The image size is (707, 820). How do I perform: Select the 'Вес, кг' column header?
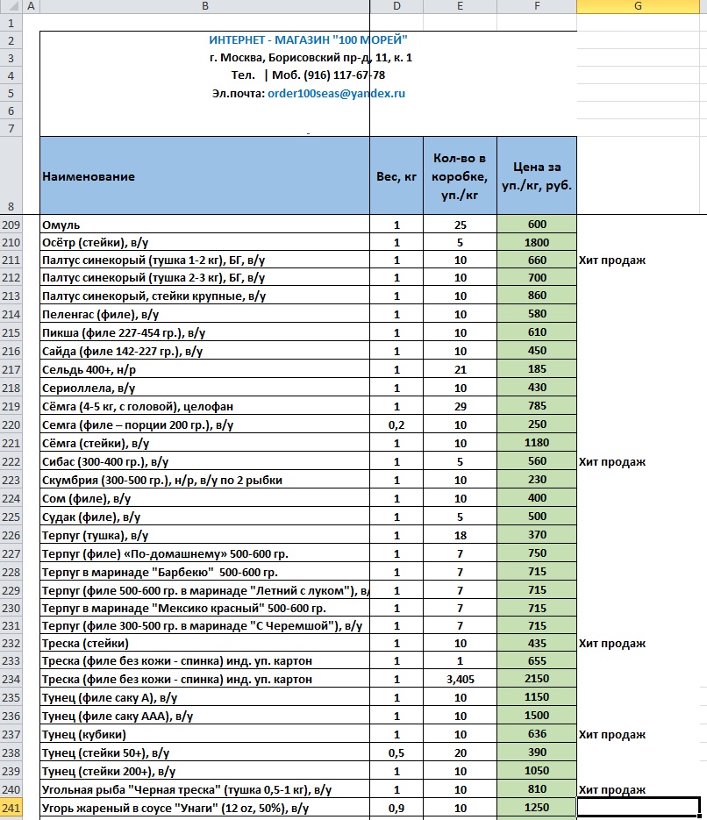pyautogui.click(x=396, y=176)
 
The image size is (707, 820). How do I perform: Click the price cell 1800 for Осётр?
pyautogui.click(x=537, y=242)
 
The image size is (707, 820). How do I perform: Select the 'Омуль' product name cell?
pyautogui.click(x=61, y=225)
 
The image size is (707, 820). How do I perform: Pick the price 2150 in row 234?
pyautogui.click(x=537, y=679)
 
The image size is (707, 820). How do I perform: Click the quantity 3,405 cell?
pyautogui.click(x=460, y=679)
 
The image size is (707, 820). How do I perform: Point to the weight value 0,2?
pyautogui.click(x=396, y=424)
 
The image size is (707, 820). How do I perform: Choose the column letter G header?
pyautogui.click(x=638, y=7)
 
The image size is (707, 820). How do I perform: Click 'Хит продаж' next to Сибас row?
pyautogui.click(x=612, y=461)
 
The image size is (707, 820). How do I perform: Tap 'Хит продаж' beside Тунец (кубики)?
pyautogui.click(x=612, y=734)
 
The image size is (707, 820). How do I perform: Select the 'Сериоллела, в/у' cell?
pyautogui.click(x=89, y=388)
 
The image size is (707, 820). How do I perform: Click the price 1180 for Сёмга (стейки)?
pyautogui.click(x=537, y=443)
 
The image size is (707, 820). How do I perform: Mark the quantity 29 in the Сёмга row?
pyautogui.click(x=460, y=406)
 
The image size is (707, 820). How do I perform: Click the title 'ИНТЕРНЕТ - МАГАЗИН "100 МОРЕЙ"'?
pyautogui.click(x=308, y=40)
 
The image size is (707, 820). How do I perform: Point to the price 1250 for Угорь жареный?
pyautogui.click(x=537, y=807)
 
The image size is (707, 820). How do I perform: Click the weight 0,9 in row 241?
pyautogui.click(x=396, y=807)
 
